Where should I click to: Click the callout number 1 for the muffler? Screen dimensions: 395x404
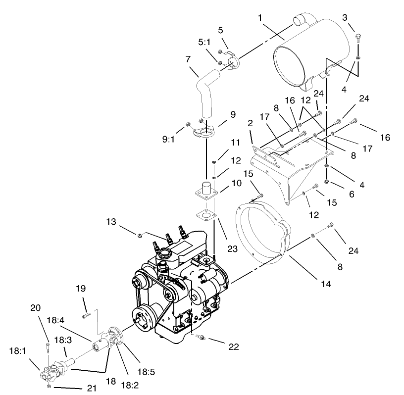pos(259,18)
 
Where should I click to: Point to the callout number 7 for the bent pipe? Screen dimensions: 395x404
pos(188,59)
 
